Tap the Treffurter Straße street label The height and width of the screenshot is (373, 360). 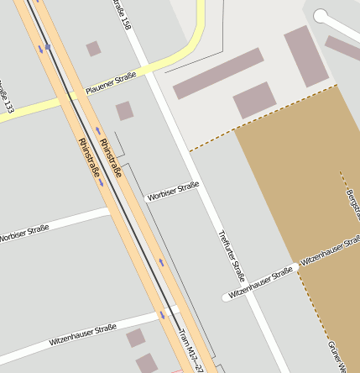pyautogui.click(x=231, y=255)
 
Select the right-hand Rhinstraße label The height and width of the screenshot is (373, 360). pyautogui.click(x=111, y=157)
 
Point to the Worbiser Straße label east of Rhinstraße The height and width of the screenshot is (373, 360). pyautogui.click(x=172, y=191)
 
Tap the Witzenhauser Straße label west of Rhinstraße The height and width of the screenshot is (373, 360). pyautogui.click(x=82, y=335)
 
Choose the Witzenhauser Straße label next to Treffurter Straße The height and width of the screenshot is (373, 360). pyautogui.click(x=260, y=281)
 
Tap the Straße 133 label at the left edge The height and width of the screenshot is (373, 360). pyautogui.click(x=8, y=97)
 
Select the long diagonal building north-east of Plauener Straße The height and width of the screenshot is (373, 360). pyautogui.click(x=217, y=73)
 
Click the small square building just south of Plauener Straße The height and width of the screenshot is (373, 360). pyautogui.click(x=124, y=111)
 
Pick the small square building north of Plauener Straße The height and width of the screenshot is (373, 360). pyautogui.click(x=93, y=49)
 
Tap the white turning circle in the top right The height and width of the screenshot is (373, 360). pyautogui.click(x=321, y=15)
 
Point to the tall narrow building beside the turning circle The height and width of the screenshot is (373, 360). pyautogui.click(x=305, y=56)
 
